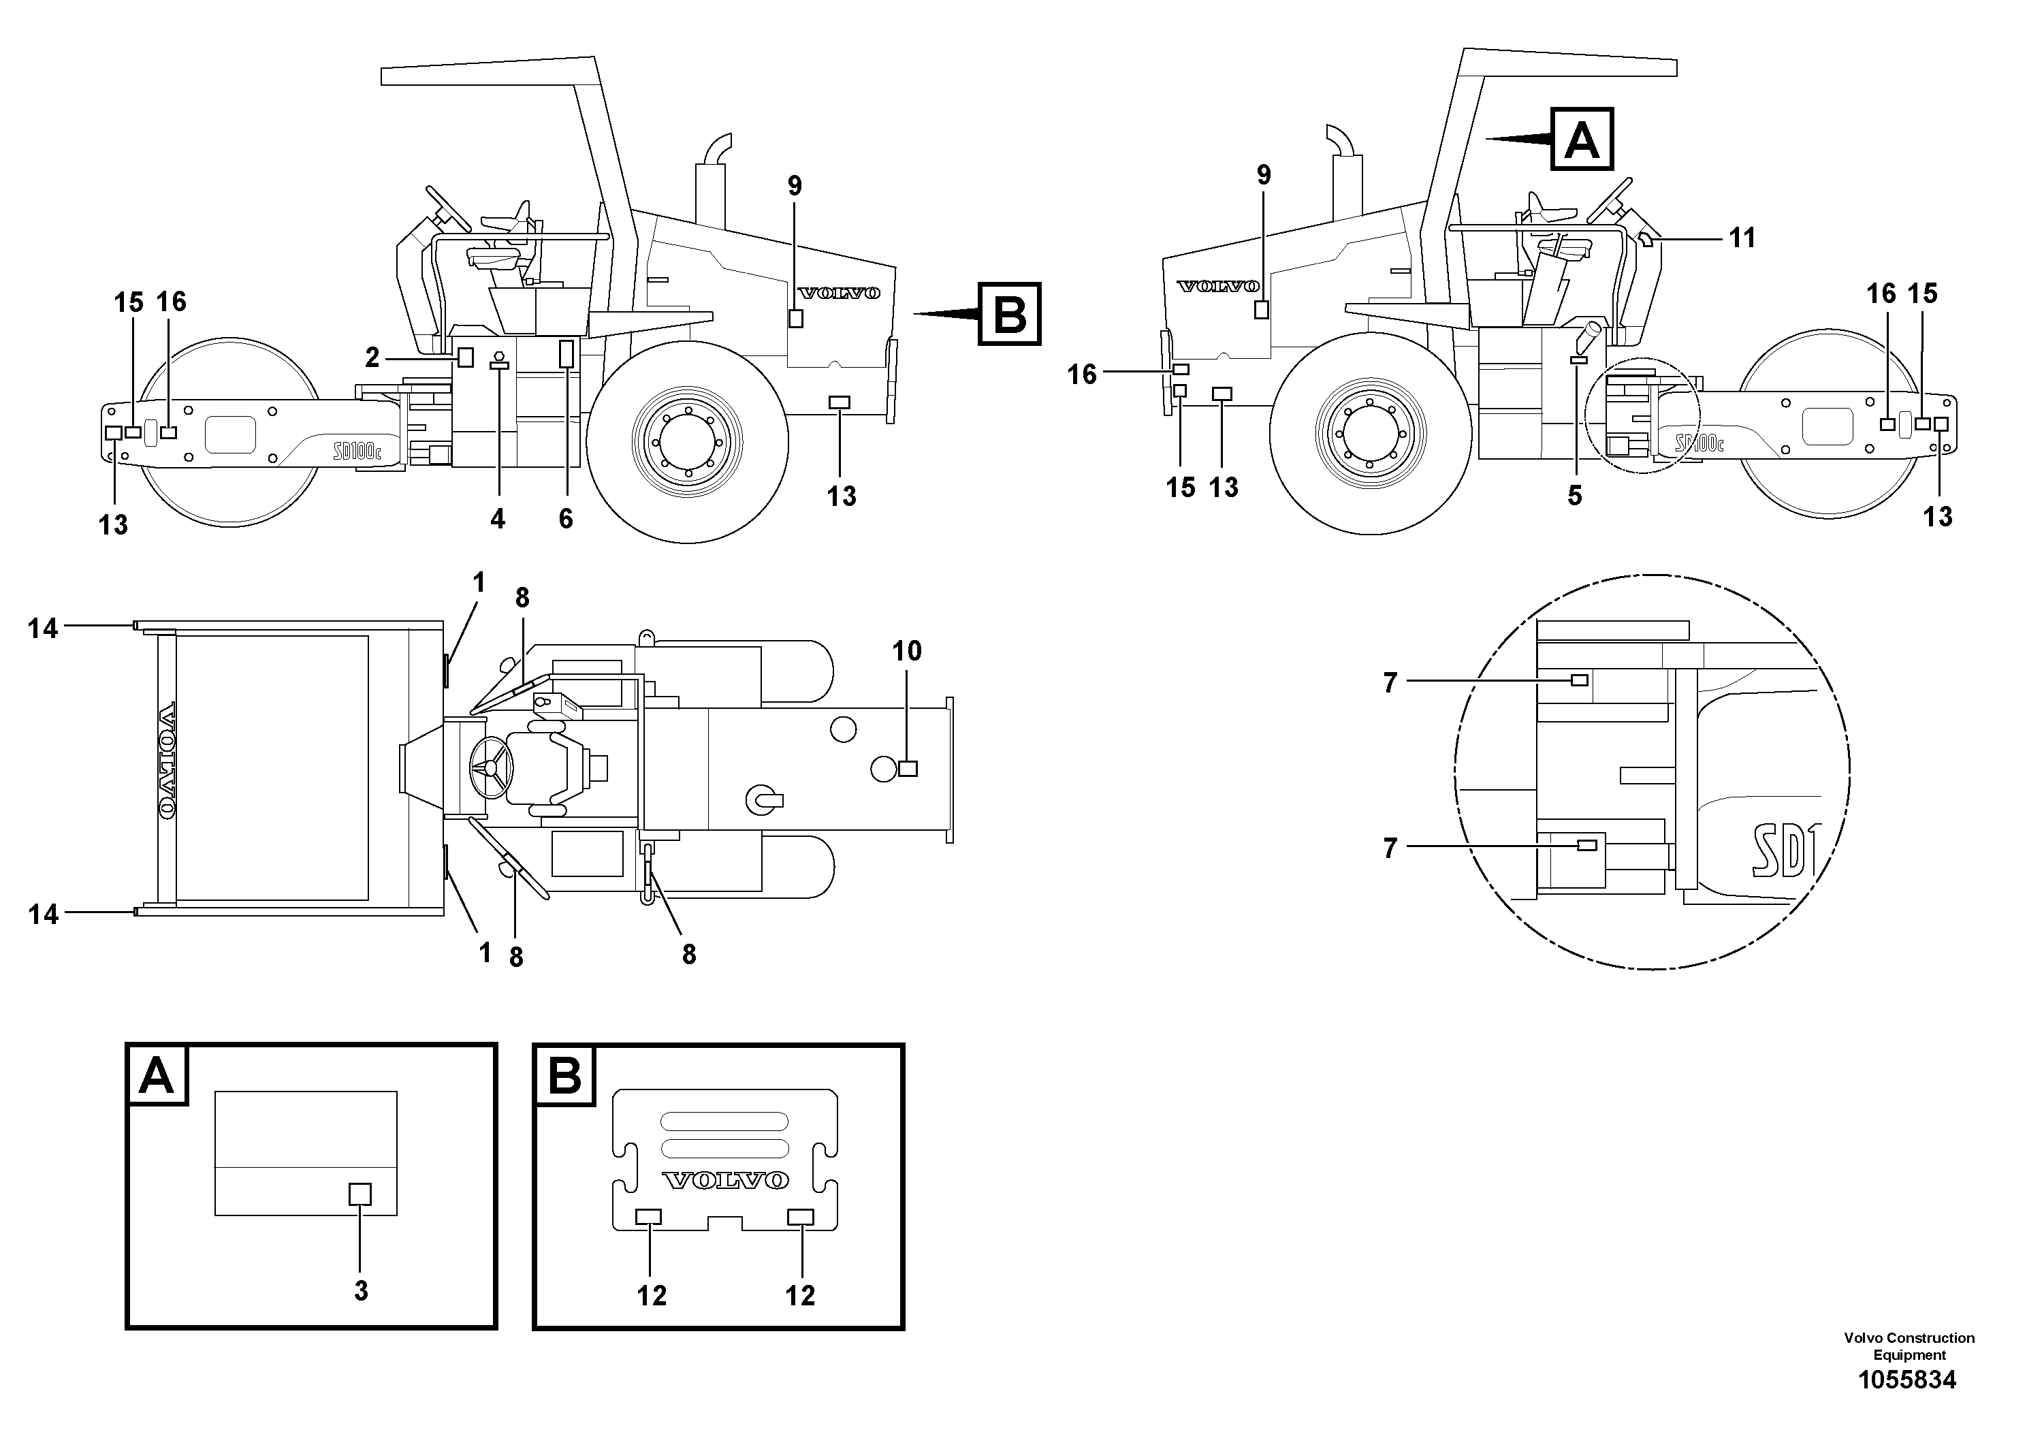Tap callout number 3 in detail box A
point(361,1291)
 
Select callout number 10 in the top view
point(907,652)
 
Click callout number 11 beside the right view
point(1742,238)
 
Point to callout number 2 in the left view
point(372,357)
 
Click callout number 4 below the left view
point(498,519)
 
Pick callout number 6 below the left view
point(566,519)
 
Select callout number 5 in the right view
point(1575,496)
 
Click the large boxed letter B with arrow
point(1010,313)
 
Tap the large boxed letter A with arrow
point(1581,140)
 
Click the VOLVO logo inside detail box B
point(725,1180)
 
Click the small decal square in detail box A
point(360,1194)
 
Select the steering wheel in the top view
point(492,767)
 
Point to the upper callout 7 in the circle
point(1390,682)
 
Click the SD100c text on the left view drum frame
point(357,452)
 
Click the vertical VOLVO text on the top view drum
point(166,759)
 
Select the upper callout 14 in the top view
point(42,629)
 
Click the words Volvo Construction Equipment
point(1909,1346)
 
